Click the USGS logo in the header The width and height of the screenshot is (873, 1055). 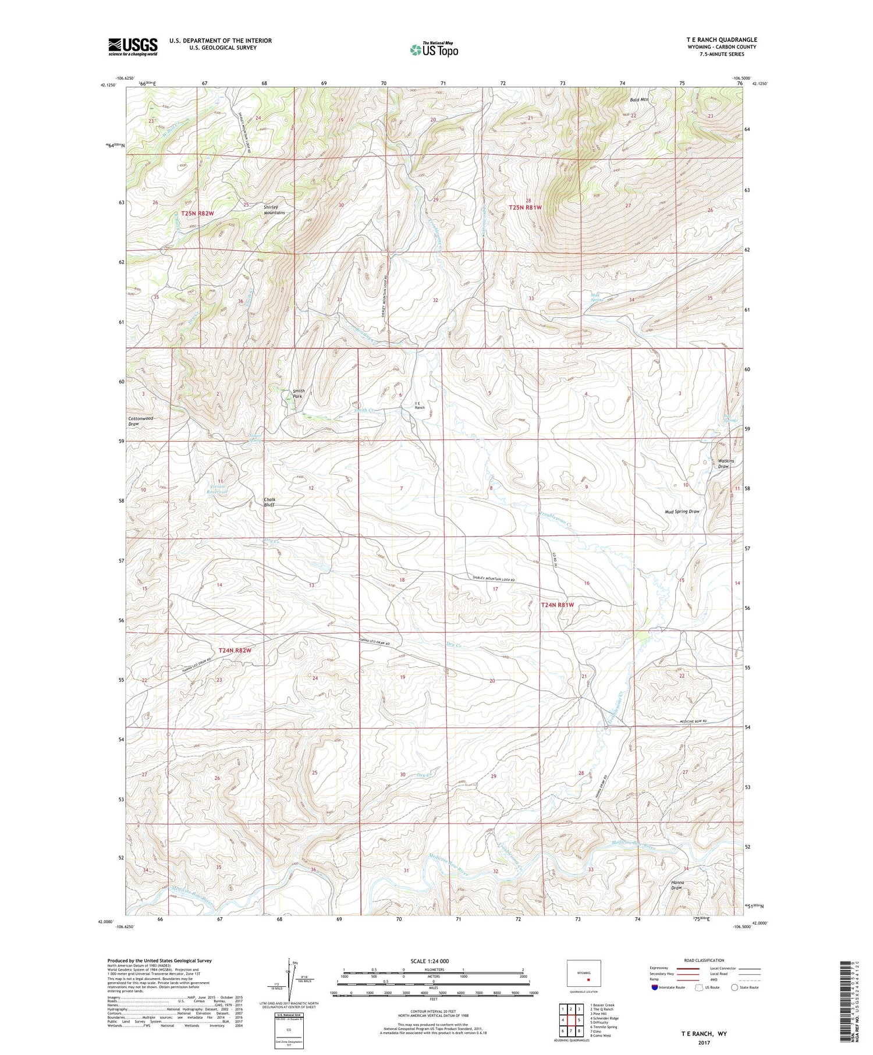tap(133, 47)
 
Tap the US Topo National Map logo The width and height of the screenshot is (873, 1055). tap(434, 49)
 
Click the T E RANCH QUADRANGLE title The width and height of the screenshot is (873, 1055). tap(721, 40)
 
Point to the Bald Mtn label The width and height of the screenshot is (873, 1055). tap(639, 100)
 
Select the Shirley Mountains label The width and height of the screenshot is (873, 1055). tap(274, 209)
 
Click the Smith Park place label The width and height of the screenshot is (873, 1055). tap(298, 393)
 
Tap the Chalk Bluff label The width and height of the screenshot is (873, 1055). tap(269, 502)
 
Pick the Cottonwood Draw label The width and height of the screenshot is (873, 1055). tap(141, 421)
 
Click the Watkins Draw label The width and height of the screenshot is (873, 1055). tap(725, 463)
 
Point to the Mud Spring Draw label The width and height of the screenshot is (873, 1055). tap(682, 511)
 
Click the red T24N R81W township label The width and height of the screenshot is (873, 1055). tap(557, 605)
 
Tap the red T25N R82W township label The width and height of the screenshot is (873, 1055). tap(197, 214)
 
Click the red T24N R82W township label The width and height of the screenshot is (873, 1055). tap(235, 650)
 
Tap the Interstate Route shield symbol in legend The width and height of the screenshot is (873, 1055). tap(655, 987)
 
